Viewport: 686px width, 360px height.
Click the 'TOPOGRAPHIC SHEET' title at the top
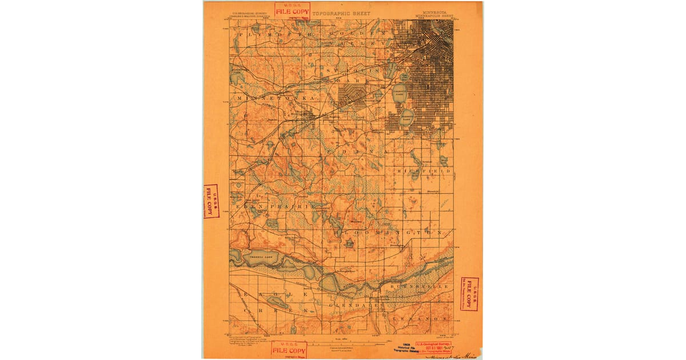point(341,13)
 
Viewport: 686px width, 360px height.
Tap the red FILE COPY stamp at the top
point(292,11)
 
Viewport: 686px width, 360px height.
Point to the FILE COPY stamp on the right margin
point(469,294)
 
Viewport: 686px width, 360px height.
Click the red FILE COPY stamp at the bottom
point(288,350)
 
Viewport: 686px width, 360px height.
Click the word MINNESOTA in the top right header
point(436,10)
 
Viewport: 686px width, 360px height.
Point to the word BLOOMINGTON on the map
point(389,233)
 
